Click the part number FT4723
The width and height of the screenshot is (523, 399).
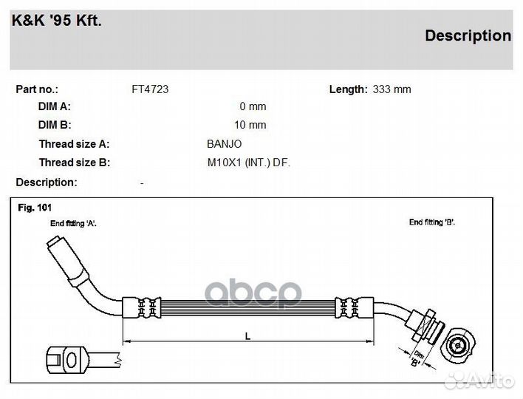coord(150,89)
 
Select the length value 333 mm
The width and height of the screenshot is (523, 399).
coord(392,89)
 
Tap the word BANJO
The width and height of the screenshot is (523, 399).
coord(224,144)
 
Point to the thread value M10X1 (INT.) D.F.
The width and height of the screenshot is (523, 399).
coord(248,163)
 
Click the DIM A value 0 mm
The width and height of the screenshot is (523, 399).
coord(253,106)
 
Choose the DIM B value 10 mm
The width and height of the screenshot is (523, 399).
coord(250,125)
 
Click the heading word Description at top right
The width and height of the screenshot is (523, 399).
coord(468,35)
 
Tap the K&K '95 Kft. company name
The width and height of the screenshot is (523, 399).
coord(57,21)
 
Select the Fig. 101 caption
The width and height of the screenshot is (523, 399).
coord(35,208)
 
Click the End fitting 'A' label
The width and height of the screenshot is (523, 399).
coord(73,224)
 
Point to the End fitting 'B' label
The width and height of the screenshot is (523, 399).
coord(432,222)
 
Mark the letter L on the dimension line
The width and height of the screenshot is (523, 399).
coord(247,336)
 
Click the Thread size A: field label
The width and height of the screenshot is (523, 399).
coord(74,144)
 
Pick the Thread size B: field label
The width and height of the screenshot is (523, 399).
coord(75,163)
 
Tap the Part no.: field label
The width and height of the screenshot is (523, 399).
coord(37,89)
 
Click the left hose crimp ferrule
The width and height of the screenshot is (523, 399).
coord(142,307)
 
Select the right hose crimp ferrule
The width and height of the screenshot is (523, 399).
coord(355,307)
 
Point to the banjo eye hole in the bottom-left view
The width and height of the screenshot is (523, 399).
coord(72,360)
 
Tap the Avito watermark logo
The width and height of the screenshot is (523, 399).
coord(479,381)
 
